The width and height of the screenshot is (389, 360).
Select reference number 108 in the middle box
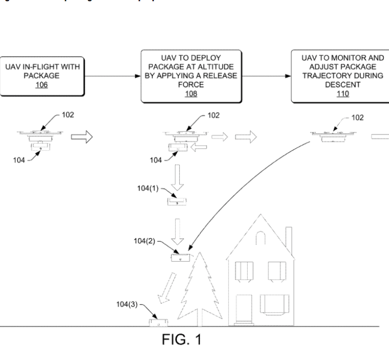[190, 94]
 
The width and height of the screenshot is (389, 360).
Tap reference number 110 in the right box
[342, 94]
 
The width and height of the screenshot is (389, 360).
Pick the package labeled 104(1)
[177, 201]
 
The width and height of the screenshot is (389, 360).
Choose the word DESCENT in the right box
[342, 84]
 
